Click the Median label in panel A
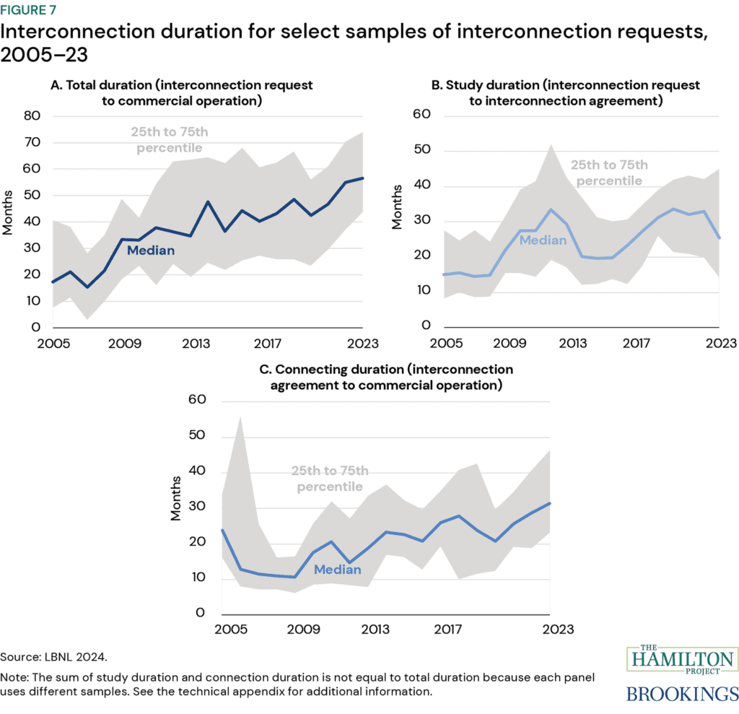tap(151, 251)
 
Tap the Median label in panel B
tap(542, 240)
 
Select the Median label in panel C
tap(337, 570)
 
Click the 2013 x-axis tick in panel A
tap(191, 342)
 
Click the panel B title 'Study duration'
tap(565, 92)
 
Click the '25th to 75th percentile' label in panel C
tap(329, 479)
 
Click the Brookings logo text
tap(682, 694)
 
